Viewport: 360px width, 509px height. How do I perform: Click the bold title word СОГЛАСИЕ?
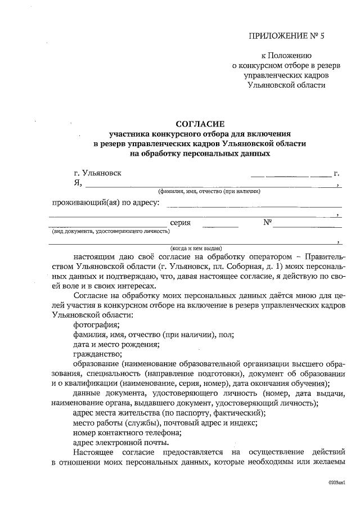[200, 123]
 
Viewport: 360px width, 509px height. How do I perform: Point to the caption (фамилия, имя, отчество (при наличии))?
[209, 191]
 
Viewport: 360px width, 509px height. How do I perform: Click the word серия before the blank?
[180, 223]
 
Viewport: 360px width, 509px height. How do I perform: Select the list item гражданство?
[97, 354]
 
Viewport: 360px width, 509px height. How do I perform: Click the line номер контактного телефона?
[127, 433]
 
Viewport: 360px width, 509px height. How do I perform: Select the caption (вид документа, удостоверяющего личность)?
[110, 231]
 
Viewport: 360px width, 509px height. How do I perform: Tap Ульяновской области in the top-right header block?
[286, 84]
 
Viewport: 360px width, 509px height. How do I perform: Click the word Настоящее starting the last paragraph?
[93, 453]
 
